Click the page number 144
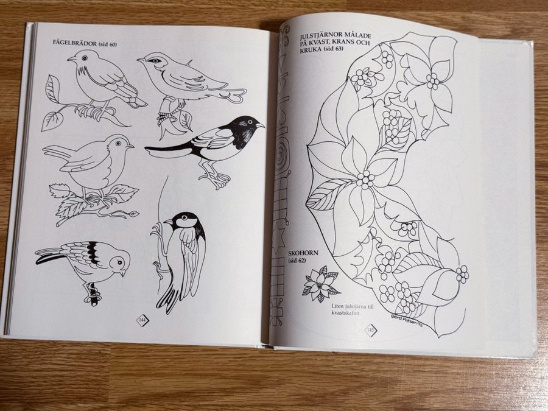142,320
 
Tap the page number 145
370,330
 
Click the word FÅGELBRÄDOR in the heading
74,43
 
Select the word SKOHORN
303,253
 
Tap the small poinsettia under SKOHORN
321,284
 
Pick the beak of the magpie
261,125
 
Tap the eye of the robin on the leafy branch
118,143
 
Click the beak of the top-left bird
71,60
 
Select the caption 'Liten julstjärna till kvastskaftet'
353,310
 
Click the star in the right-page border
278,239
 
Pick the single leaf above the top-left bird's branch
52,89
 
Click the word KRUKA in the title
311,49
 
